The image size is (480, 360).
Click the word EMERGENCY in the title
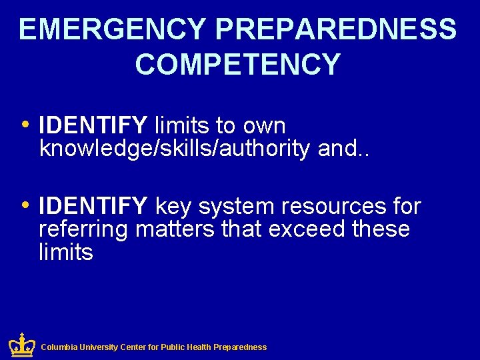(112, 30)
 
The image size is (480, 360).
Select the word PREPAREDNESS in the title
(337, 30)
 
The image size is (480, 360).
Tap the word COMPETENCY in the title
(238, 65)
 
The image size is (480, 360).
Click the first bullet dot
(25, 123)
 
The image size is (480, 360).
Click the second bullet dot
(25, 205)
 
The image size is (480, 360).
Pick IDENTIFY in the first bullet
(93, 125)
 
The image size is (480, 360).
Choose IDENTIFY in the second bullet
(93, 207)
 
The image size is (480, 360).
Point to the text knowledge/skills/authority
(175, 149)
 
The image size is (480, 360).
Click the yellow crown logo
(21, 345)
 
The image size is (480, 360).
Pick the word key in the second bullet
(172, 207)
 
